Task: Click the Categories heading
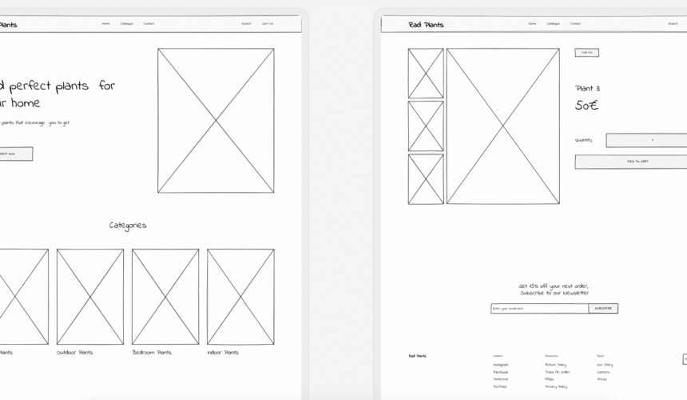(128, 226)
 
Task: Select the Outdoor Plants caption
(74, 352)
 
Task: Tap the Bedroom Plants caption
(152, 352)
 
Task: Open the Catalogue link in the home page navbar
(126, 24)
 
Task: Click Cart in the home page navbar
(268, 24)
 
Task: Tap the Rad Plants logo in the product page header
(426, 24)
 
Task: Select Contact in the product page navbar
(575, 24)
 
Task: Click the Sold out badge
(586, 53)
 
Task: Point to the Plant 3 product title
(587, 88)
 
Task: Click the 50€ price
(586, 106)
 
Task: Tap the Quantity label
(583, 140)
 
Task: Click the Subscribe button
(603, 308)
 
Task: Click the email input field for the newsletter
(539, 308)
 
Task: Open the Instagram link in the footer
(501, 365)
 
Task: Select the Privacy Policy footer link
(556, 386)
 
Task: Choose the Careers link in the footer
(602, 372)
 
